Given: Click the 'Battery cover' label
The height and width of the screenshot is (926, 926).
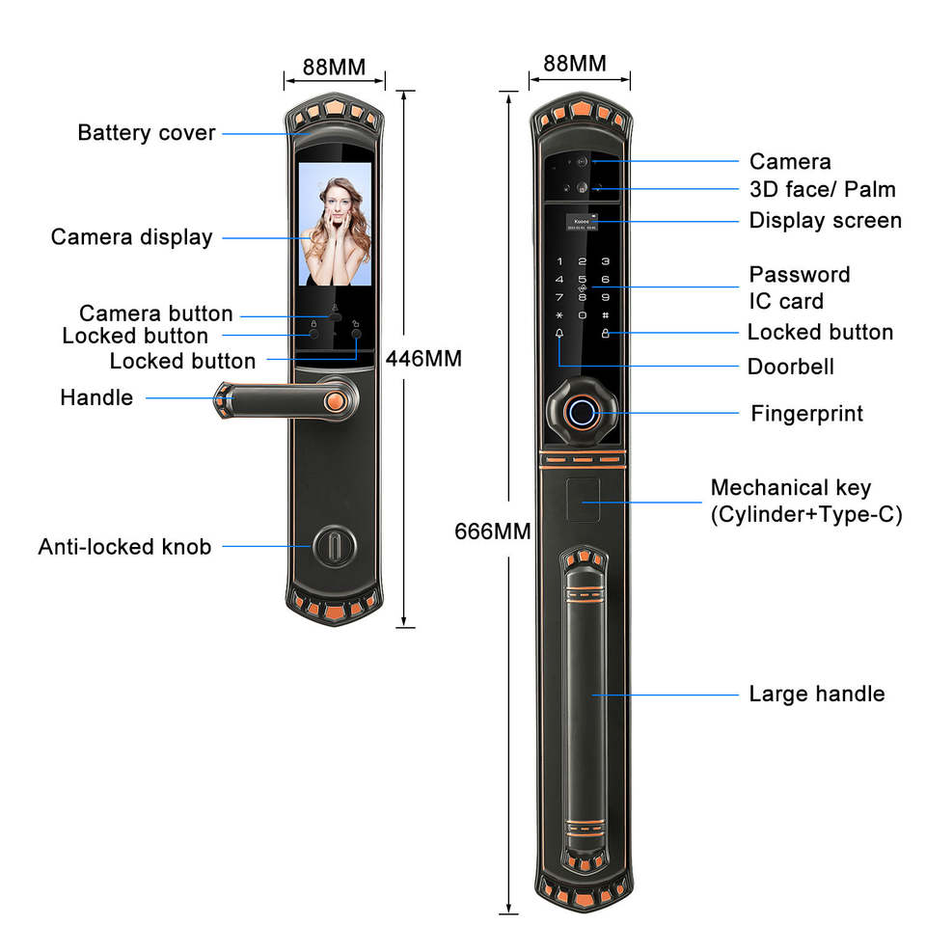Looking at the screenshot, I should (147, 133).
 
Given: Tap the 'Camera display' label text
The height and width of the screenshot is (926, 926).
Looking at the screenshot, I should (131, 237).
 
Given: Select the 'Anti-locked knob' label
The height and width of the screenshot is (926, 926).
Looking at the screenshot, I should (124, 547).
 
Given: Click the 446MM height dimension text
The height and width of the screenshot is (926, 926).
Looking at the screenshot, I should (423, 359).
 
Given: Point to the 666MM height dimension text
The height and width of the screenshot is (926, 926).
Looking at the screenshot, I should (492, 531).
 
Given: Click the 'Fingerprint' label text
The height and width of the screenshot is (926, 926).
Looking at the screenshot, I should (806, 414).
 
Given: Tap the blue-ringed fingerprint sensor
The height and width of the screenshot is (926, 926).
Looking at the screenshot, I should (582, 414).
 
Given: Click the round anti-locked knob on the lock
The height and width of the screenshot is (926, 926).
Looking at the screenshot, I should (330, 546).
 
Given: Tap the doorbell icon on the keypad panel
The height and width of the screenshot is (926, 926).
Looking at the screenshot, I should (559, 334).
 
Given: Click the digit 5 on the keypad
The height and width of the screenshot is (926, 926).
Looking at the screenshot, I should (582, 279).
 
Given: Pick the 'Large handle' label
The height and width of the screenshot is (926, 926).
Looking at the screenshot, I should (816, 694).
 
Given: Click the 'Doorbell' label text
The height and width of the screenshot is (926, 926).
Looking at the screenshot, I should (790, 367).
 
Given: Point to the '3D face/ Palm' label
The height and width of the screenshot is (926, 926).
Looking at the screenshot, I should (822, 189).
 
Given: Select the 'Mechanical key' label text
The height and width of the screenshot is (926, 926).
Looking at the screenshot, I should (790, 488).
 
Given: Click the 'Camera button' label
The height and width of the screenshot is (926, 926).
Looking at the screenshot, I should (156, 313).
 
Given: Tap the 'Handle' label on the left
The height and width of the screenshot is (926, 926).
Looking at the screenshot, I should (96, 397).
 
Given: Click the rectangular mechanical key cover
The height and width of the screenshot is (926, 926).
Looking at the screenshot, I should (582, 500).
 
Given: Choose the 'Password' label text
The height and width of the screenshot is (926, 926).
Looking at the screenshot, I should (800, 275).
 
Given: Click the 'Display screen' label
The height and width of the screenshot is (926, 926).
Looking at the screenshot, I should (825, 221).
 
